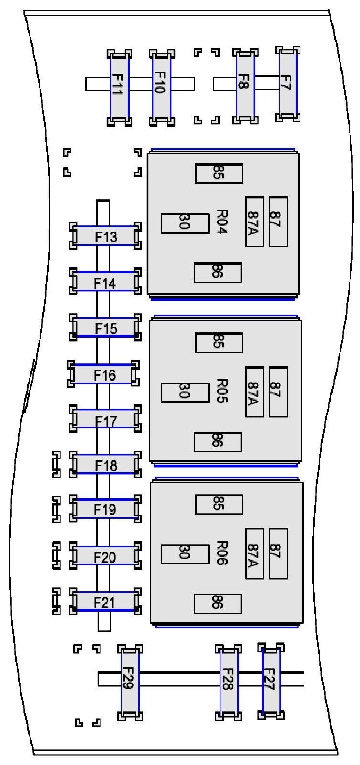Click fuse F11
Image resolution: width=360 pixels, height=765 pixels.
point(119,87)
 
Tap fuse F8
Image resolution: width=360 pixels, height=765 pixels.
point(245,85)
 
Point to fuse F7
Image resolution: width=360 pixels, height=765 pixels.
point(288,84)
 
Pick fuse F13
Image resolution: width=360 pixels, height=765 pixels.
point(105,236)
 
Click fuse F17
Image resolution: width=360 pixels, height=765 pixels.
point(105,419)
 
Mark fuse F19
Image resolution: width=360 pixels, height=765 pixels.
point(105,509)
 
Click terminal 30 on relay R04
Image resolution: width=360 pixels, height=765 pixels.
point(185,223)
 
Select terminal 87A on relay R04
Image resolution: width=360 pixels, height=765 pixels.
point(254,221)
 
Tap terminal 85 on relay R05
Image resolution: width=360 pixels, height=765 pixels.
point(219,342)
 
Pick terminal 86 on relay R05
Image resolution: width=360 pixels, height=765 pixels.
point(218,442)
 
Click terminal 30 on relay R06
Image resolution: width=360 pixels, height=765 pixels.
point(185,554)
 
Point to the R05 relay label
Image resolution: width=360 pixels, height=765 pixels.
point(222,391)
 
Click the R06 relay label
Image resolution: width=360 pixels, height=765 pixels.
point(222,553)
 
